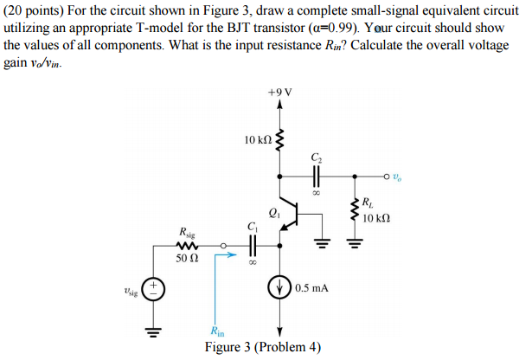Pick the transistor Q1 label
click(x=274, y=209)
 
